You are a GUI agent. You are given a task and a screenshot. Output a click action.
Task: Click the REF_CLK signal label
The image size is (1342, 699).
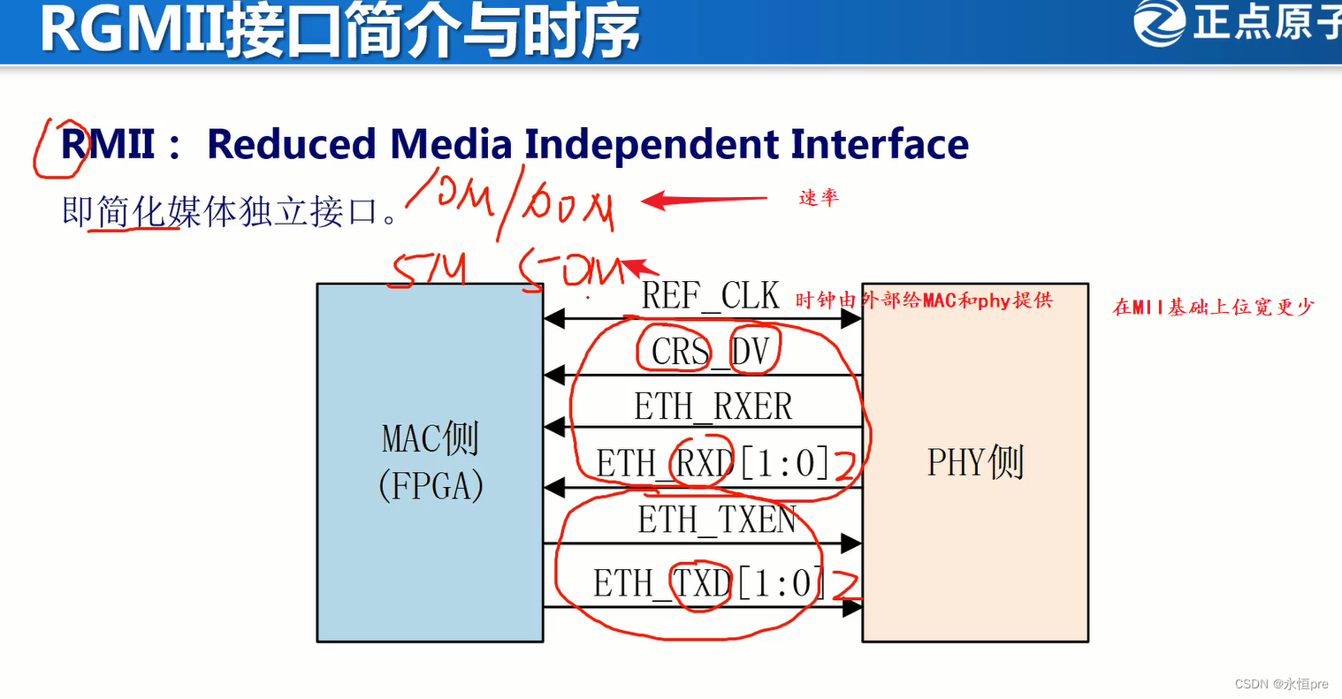click(x=710, y=296)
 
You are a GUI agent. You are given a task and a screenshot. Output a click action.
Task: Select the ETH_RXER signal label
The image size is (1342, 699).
click(x=713, y=406)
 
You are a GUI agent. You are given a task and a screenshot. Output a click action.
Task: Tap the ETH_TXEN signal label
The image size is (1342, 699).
click(x=717, y=520)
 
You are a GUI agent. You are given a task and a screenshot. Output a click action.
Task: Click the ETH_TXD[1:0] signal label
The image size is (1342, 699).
click(x=708, y=583)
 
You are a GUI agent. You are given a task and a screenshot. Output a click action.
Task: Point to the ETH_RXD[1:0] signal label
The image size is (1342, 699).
click(x=713, y=463)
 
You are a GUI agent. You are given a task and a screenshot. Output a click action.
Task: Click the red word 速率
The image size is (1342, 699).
click(x=818, y=198)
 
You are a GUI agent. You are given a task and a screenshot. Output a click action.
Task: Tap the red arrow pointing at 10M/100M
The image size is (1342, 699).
click(x=703, y=201)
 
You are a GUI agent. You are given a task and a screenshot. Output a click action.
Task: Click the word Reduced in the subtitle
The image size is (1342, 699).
click(x=291, y=145)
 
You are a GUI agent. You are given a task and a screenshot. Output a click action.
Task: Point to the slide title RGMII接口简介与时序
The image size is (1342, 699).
click(x=339, y=31)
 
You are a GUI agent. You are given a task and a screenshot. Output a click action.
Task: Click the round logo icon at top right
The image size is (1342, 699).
click(x=1159, y=22)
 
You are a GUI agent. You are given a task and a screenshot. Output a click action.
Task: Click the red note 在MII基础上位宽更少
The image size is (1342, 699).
click(x=1213, y=308)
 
